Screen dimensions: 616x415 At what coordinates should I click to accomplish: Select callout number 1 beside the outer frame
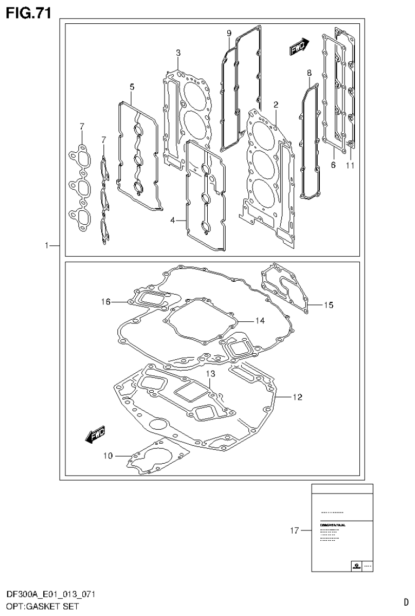coord(48,246)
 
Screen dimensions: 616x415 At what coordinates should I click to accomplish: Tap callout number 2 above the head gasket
coord(275,104)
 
